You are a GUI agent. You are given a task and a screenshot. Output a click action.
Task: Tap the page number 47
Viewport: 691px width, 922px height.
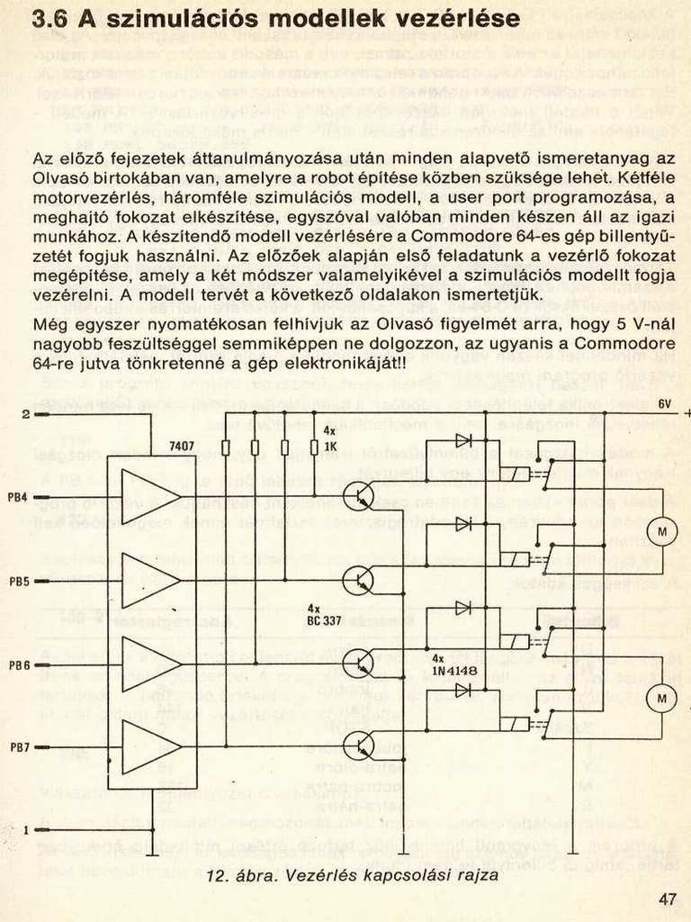click(666, 898)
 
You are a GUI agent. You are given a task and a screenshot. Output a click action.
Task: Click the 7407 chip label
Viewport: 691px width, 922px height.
click(182, 446)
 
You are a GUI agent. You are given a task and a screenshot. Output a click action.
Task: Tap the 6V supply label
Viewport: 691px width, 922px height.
click(665, 402)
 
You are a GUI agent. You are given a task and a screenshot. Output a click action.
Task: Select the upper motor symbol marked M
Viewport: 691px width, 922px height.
click(662, 532)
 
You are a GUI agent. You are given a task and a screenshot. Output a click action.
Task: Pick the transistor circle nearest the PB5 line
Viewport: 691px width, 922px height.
click(358, 581)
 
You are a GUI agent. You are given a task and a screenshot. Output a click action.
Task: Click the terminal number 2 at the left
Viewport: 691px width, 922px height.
click(26, 414)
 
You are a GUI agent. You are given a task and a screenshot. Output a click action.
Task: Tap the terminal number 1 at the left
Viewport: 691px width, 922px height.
click(26, 829)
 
